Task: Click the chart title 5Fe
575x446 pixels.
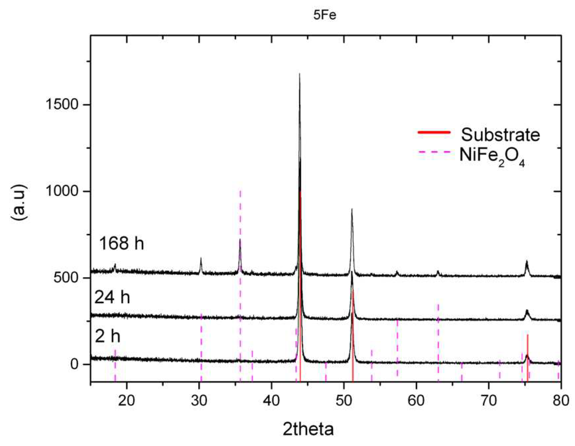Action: [325, 15]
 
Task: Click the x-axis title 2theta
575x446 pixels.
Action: [308, 429]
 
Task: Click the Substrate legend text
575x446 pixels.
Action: [501, 135]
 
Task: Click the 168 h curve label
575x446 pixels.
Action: [122, 243]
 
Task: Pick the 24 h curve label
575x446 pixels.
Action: [112, 298]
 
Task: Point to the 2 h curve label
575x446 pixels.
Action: [107, 337]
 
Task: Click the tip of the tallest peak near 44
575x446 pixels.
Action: [299, 74]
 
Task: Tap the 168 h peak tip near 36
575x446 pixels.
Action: [240, 239]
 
